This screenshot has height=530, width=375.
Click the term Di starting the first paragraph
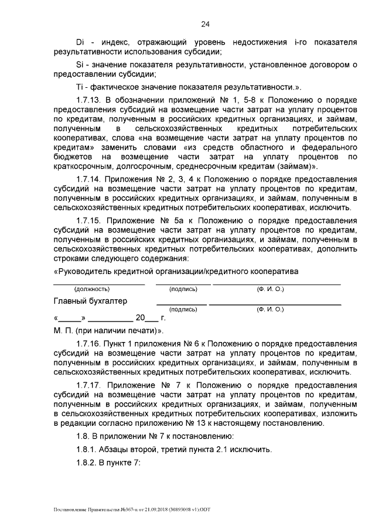tap(81, 43)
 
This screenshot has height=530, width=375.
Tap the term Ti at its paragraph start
tap(80, 87)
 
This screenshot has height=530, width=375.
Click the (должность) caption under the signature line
tap(93, 289)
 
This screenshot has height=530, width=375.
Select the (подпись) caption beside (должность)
tap(183, 289)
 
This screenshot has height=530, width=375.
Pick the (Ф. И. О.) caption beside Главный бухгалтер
tap(270, 309)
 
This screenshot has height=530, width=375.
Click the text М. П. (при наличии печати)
tap(108, 330)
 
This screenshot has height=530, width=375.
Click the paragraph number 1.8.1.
tap(88, 450)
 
